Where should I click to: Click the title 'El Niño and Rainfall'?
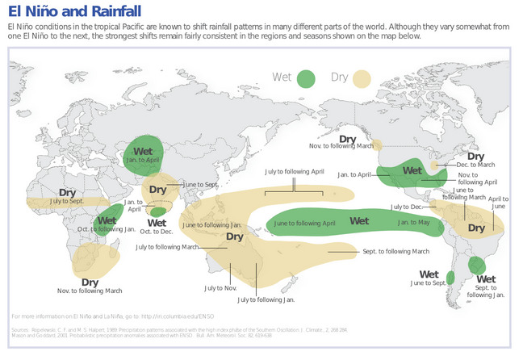coord(74,11)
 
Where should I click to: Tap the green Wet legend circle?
coord(305,78)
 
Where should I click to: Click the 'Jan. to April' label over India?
coord(143,161)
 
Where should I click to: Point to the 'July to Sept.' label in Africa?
coord(67,201)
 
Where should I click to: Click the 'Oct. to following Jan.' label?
coord(107,229)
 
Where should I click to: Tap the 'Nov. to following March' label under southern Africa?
coord(90,291)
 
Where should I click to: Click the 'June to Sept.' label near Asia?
coord(201,185)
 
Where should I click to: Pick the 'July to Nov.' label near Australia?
coord(220,288)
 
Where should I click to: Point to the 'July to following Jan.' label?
coord(266,299)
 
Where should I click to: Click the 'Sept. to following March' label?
coord(395,252)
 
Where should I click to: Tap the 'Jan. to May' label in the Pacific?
coord(414,222)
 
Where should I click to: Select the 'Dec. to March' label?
coord(476,165)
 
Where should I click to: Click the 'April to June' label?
coord(499,203)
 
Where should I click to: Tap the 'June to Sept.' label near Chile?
coord(429,283)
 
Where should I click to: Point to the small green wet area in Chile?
coord(450,277)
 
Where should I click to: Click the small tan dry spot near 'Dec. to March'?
coord(436,165)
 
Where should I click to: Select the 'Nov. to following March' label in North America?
coord(341,145)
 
